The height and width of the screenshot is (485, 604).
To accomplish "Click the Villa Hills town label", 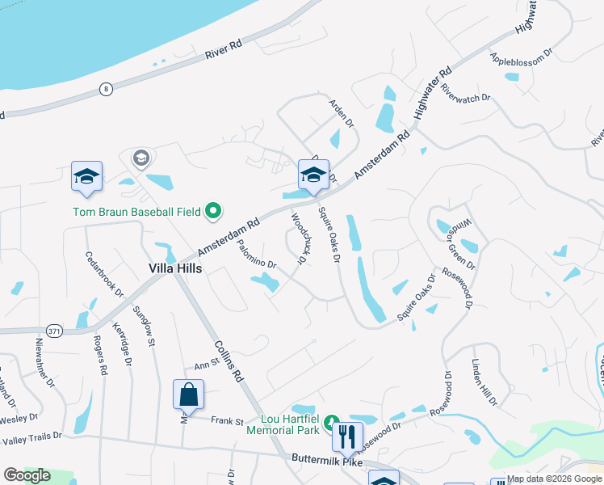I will (174, 268).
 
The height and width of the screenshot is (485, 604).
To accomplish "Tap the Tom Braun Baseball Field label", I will (136, 213).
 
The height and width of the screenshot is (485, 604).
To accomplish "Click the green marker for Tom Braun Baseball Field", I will (214, 212).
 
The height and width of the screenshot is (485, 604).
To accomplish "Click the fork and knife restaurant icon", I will (347, 436).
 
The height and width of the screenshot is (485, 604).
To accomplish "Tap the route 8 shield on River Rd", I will (105, 88).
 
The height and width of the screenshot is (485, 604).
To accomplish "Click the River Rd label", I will (224, 48).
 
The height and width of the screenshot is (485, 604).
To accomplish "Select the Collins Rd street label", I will (229, 360).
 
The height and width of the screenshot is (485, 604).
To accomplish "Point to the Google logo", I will (27, 475).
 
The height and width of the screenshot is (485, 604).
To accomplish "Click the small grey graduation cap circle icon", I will (141, 158).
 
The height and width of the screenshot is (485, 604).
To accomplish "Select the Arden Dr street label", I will (341, 113).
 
